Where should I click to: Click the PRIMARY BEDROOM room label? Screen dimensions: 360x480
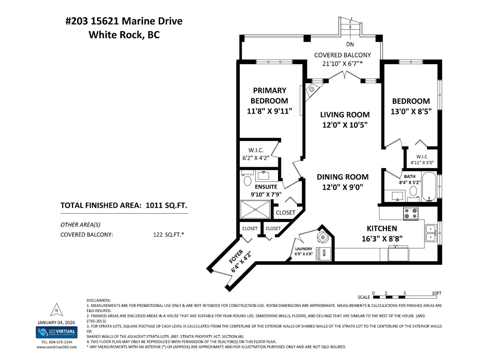coord(269,96)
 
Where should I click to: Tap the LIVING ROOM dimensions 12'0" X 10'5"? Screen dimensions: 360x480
coord(345,125)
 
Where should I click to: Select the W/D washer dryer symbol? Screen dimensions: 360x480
coord(324,253)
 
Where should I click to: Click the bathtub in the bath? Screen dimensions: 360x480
coord(429,186)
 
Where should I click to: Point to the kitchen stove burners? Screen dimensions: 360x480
coord(411,213)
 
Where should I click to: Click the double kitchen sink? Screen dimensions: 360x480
coord(431,233)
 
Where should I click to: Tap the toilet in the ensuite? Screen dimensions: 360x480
coord(247,180)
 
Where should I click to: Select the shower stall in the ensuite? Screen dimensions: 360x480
coord(255,209)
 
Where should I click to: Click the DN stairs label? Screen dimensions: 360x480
coord(350,44)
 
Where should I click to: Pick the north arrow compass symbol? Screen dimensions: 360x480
coord(57,310)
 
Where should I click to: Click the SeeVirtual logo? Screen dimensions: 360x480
coord(57,332)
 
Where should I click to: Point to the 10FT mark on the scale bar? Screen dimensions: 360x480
coord(436,293)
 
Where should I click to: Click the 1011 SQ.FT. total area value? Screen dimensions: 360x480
coord(166,205)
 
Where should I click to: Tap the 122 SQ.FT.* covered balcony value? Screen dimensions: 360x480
coord(168,235)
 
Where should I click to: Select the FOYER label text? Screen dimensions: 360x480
coord(236,257)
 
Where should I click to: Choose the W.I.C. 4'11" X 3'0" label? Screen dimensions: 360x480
coord(422,160)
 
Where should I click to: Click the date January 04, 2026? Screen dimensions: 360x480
coord(56,322)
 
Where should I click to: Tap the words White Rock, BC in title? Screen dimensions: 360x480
coord(124,35)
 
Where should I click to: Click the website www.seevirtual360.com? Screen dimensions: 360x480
coord(57,347)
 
